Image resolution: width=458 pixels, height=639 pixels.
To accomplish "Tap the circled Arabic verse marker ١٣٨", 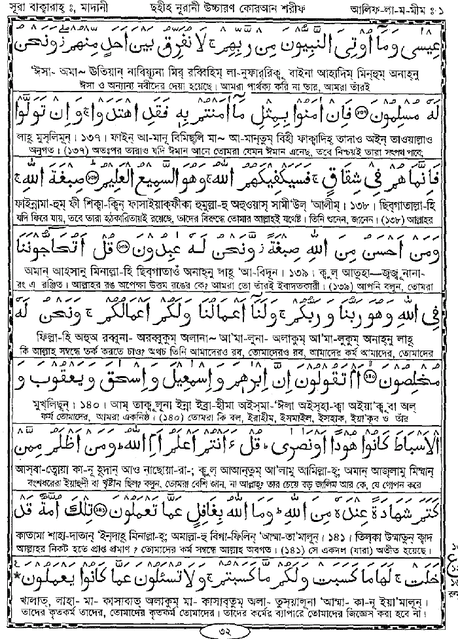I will pos(93,179).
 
